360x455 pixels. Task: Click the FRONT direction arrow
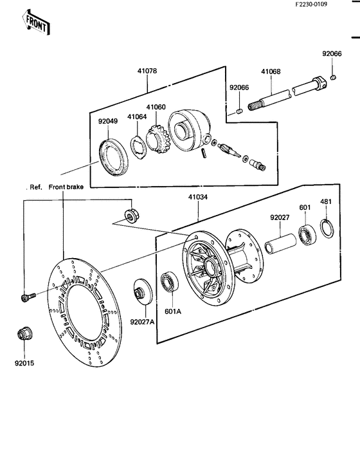tap(36, 23)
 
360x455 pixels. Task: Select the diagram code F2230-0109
tap(311, 5)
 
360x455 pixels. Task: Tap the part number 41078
tap(147, 71)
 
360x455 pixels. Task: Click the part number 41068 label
tap(271, 71)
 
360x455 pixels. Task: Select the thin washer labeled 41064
tap(139, 147)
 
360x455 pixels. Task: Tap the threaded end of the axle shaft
tap(254, 106)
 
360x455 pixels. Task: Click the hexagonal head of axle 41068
tap(319, 82)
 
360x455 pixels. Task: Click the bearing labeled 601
tap(307, 234)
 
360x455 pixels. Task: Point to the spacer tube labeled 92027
tap(280, 244)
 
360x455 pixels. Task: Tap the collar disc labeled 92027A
tap(143, 292)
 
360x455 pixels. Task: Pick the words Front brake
tap(66, 187)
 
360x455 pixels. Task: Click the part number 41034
tap(198, 197)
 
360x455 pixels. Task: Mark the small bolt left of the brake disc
tap(28, 297)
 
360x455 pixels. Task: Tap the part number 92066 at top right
tap(332, 53)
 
